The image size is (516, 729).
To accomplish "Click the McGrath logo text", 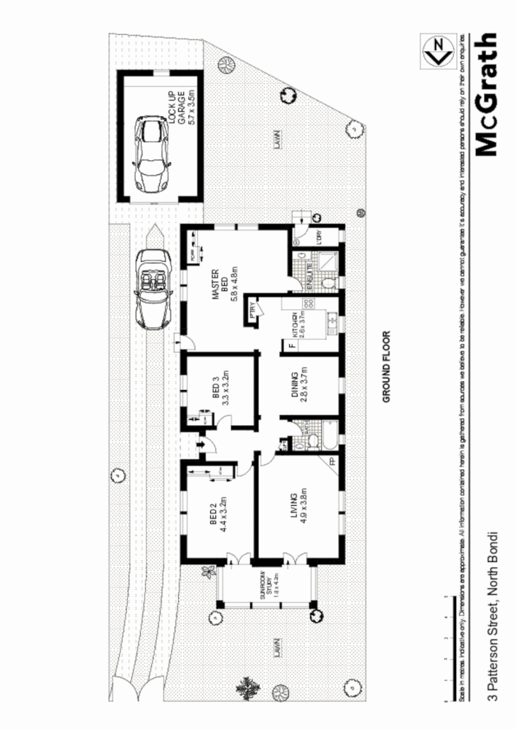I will pos(486,94).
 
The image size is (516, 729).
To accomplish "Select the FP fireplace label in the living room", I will pos(332,461).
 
